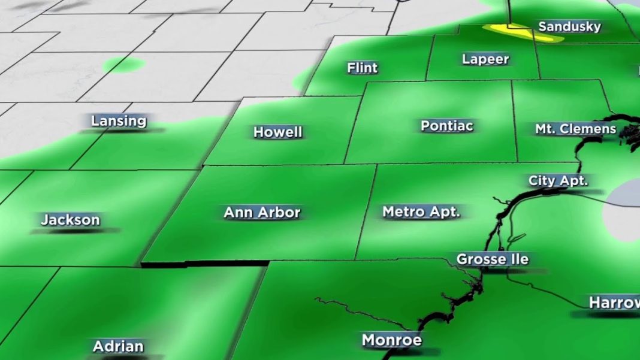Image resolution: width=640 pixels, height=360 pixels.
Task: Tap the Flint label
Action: tap(363, 68)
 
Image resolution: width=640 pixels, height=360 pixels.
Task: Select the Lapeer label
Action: tap(485, 59)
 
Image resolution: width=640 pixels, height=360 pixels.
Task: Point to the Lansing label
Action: tap(119, 121)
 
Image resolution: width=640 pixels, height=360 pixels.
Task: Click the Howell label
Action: tap(278, 132)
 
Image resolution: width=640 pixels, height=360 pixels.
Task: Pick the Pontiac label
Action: tap(447, 126)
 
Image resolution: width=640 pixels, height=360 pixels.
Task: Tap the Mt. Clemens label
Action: tap(575, 129)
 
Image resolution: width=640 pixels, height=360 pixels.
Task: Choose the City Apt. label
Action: tap(559, 181)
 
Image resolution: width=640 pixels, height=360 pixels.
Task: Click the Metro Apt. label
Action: tap(421, 211)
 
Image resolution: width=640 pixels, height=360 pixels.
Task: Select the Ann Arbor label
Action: tap(262, 212)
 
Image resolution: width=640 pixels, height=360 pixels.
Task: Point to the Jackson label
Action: tap(70, 220)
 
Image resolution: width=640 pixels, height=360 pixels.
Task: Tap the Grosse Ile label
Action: tap(493, 259)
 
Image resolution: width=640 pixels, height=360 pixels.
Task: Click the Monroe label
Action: tap(392, 340)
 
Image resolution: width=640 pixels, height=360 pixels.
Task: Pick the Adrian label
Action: tap(118, 346)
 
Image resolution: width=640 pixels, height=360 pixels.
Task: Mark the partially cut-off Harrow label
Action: tap(614, 302)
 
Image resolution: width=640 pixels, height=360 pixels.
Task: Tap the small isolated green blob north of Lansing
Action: tap(123, 65)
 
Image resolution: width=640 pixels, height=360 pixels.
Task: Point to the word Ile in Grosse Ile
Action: tap(518, 259)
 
